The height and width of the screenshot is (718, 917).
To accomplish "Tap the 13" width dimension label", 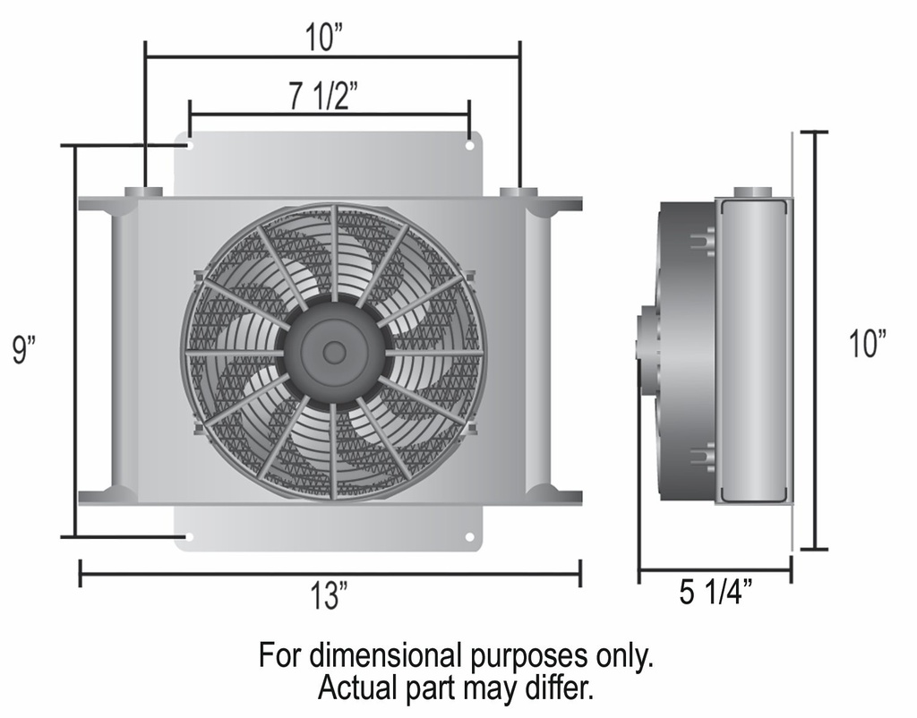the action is pyautogui.click(x=331, y=596).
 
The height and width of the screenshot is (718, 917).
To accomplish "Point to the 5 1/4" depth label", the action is pyautogui.click(x=716, y=593).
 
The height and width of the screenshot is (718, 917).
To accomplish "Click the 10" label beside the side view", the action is pyautogui.click(x=868, y=343).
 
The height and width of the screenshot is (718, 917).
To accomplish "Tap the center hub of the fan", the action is pyautogui.click(x=334, y=352).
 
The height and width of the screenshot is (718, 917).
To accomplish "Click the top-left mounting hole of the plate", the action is pyautogui.click(x=189, y=145).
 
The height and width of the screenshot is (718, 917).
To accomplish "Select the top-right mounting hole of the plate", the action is pyautogui.click(x=469, y=145).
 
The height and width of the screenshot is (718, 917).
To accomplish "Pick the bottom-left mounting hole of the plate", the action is pyautogui.click(x=189, y=536).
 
